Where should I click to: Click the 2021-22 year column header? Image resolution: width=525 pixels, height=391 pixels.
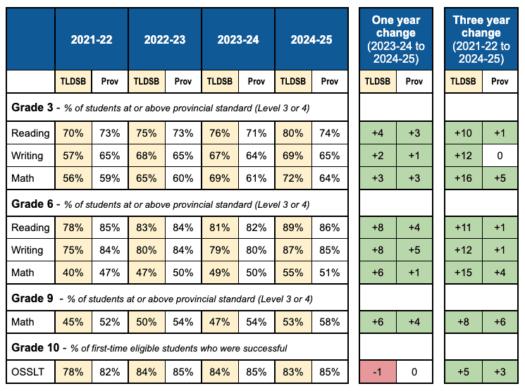click(92, 39)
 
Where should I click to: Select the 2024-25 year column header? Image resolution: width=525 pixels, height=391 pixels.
click(311, 39)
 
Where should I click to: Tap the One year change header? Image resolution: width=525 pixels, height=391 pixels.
click(395, 39)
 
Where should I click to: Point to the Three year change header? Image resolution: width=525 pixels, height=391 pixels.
click(481, 39)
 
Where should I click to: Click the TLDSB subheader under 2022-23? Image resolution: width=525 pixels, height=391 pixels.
click(147, 81)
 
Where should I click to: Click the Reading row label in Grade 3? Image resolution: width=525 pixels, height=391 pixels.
click(30, 133)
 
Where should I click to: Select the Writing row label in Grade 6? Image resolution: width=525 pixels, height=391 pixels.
click(29, 250)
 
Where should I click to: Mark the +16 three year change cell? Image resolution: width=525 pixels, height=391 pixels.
click(463, 178)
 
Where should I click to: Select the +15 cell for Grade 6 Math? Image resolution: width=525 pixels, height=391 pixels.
click(463, 273)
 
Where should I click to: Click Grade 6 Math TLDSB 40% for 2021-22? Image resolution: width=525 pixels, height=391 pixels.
click(73, 273)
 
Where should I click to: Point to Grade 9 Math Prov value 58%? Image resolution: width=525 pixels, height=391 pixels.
click(330, 323)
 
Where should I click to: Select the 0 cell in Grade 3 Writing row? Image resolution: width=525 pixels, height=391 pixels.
click(500, 156)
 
